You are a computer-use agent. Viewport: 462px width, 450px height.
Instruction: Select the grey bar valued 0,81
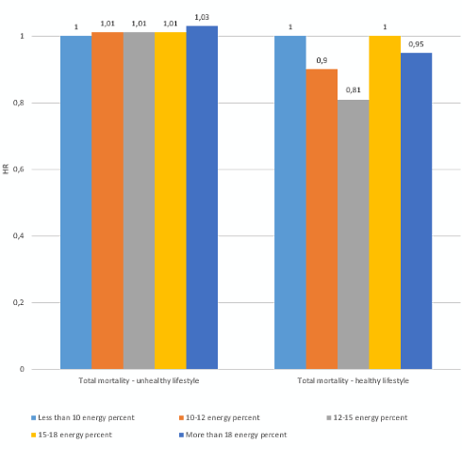point(353,234)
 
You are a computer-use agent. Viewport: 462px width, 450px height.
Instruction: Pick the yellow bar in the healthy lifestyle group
point(384,202)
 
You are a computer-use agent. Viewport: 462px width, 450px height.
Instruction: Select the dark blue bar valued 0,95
point(416,211)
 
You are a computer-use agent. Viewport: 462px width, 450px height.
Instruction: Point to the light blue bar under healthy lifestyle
point(289,202)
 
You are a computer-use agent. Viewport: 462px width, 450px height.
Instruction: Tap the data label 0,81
point(353,89)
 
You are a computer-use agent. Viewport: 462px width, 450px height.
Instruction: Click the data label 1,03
point(202,16)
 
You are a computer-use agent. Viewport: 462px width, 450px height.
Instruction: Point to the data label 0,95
point(416,43)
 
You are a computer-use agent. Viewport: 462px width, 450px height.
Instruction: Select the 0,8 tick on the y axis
point(42,103)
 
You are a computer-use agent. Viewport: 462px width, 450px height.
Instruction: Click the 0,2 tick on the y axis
point(42,303)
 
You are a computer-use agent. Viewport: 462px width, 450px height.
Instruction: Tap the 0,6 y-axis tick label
point(42,169)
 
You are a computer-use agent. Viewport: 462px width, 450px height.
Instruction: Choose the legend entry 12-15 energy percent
point(370,416)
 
